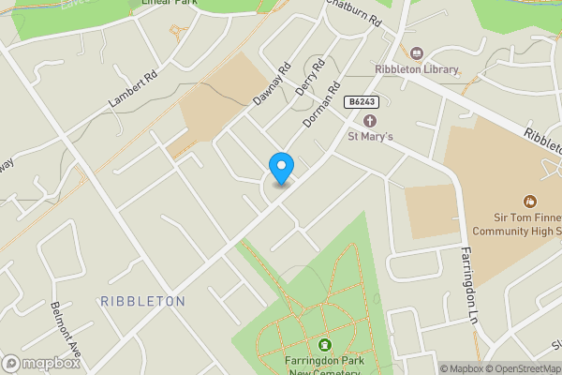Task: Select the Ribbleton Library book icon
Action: click(x=416, y=52)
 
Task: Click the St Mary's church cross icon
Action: click(x=369, y=121)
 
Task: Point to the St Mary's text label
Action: click(x=370, y=137)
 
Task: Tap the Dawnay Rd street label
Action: click(x=273, y=83)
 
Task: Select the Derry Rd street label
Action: click(x=308, y=79)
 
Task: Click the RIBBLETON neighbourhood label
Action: click(x=142, y=301)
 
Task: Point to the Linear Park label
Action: click(x=170, y=4)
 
